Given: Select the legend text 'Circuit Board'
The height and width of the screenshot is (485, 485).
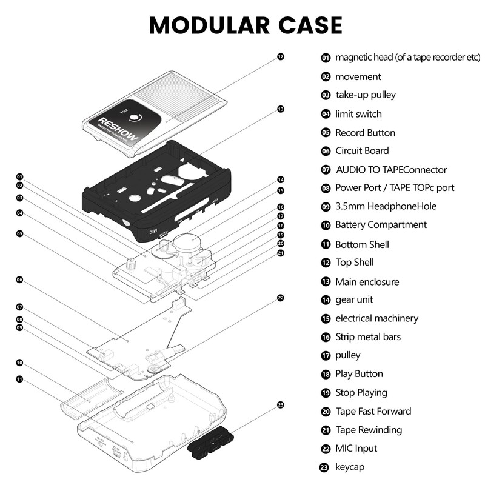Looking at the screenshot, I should tap(362, 151).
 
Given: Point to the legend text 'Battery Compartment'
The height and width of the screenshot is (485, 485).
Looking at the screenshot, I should tap(381, 225).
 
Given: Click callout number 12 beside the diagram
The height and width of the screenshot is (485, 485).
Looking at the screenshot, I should tap(280, 56).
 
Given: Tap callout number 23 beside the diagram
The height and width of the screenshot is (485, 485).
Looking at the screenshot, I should tap(280, 404).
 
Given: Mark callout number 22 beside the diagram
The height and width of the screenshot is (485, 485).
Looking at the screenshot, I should tap(280, 298).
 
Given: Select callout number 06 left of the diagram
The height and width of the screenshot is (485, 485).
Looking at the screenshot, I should tap(19, 280).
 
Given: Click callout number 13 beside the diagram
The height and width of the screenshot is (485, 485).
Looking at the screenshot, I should tap(280, 109).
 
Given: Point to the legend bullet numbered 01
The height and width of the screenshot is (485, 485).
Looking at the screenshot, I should tap(326, 58).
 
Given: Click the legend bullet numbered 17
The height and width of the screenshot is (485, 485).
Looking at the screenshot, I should tap(326, 356).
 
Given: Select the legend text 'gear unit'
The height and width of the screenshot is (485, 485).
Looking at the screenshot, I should tap(354, 299).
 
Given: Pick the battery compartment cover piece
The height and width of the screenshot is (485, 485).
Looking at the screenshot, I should tap(91, 400).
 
